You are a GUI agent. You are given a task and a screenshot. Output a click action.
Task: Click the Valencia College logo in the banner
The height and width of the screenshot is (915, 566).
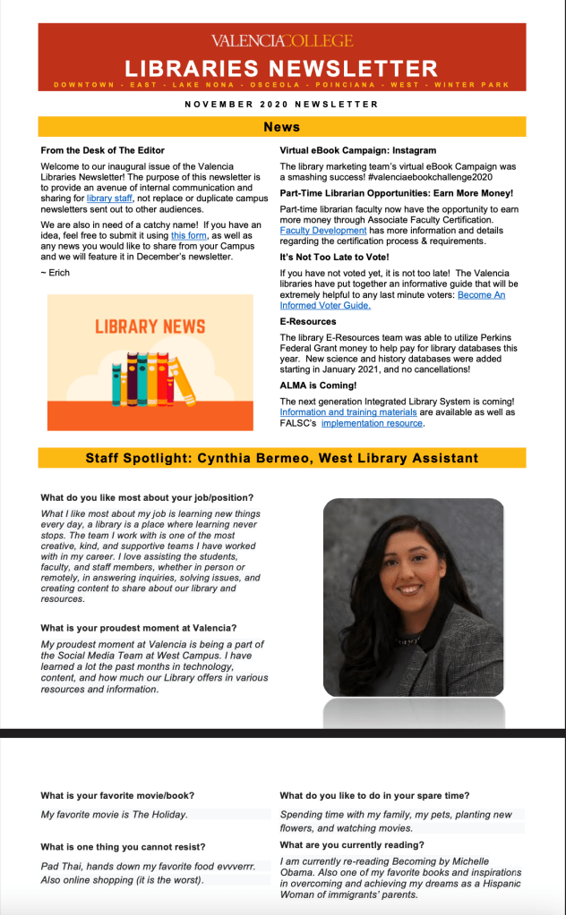[282, 40]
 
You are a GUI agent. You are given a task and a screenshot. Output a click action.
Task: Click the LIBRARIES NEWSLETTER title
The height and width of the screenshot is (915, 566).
[282, 68]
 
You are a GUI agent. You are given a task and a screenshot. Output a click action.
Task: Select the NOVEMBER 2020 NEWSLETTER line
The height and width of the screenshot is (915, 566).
[281, 104]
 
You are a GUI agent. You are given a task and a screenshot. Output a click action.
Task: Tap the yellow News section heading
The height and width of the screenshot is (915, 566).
[282, 127]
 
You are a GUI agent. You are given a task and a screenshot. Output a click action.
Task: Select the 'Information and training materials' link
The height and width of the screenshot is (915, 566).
[348, 412]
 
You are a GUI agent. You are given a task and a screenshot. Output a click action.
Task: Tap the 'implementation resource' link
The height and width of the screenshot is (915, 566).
[372, 423]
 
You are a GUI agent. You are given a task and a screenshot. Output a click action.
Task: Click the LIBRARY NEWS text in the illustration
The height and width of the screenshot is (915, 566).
[150, 326]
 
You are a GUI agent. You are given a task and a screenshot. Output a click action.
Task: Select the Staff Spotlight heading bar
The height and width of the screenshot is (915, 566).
[282, 459]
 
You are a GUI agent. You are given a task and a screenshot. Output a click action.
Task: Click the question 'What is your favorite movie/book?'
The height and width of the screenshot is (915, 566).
[117, 795]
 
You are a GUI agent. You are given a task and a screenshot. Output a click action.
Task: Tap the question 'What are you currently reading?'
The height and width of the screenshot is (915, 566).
[352, 845]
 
